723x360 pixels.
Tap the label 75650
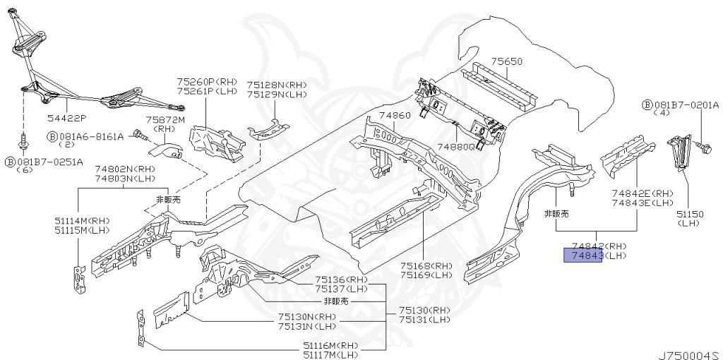click(507, 62)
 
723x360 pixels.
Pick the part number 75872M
click(165, 121)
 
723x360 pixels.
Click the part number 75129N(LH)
click(277, 94)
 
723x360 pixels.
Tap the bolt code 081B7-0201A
click(685, 105)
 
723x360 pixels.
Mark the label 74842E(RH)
click(644, 193)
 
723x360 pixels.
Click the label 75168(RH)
click(425, 265)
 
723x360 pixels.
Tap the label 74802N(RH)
click(124, 169)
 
